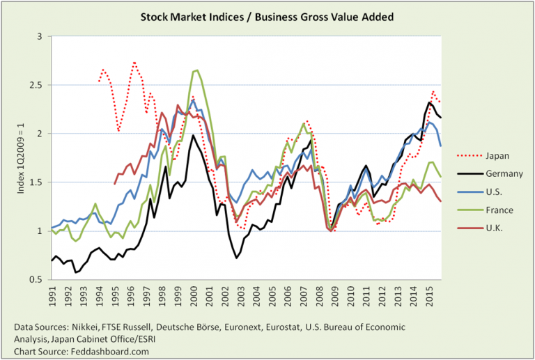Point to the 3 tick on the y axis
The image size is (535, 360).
[x=39, y=36]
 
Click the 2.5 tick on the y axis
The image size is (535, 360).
[x=35, y=85]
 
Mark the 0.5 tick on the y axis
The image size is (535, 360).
[x=35, y=279]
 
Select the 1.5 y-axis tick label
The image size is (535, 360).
[x=35, y=182]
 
